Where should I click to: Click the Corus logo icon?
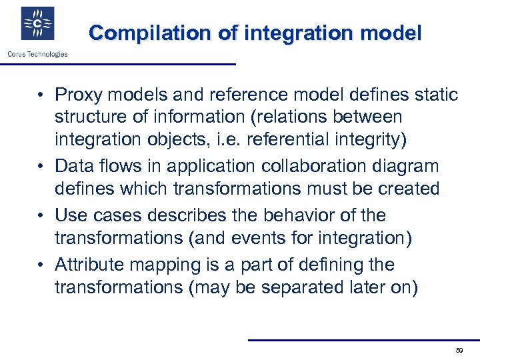[x=38, y=23]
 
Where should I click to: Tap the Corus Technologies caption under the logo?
[x=37, y=54]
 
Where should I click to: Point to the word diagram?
[x=405, y=166]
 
